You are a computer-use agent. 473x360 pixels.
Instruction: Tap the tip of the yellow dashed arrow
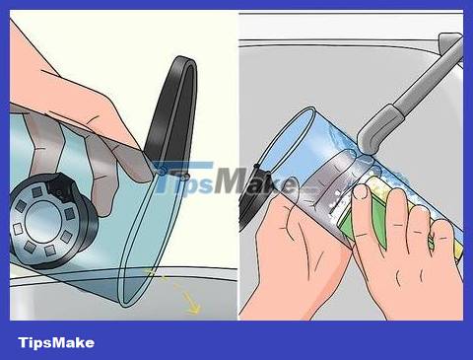[x=197, y=311]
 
